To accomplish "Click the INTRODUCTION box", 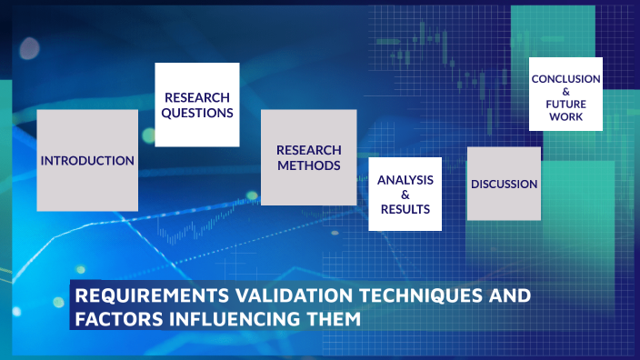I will [87, 161].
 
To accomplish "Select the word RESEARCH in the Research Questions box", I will [197, 97].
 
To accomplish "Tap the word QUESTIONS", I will [197, 114].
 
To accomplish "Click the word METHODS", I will [309, 165].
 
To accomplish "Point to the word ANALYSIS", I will [405, 179].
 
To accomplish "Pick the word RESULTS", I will [405, 210].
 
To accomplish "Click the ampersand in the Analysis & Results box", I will [405, 195].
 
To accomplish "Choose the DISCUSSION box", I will [504, 184].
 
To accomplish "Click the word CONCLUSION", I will [565, 79].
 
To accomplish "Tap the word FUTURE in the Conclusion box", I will [565, 105].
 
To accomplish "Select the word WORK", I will [565, 117].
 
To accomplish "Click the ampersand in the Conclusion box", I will [565, 92].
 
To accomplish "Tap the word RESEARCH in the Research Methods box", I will [309, 150].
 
